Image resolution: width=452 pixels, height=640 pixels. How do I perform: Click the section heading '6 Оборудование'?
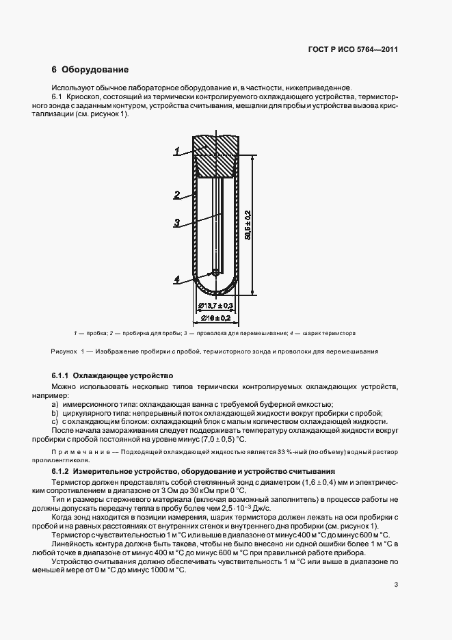coord(90,70)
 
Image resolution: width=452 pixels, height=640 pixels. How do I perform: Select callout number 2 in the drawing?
coord(176,195)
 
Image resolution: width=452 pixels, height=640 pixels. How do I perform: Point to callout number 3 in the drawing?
coord(176,222)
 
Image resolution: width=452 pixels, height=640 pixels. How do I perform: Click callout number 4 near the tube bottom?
coord(176,279)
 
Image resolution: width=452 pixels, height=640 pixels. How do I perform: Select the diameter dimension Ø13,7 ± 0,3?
coord(215,305)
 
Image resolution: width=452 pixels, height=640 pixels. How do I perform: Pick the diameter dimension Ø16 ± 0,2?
coord(215,318)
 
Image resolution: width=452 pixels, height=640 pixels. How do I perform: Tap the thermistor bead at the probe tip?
coord(215,271)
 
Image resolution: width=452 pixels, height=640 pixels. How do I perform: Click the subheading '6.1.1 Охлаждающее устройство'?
coord(112,376)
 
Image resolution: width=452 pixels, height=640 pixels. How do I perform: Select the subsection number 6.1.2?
coord(62,472)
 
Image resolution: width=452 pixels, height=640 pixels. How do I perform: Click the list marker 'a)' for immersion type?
coord(55,404)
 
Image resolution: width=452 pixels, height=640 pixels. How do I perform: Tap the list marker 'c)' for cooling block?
coord(55,422)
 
